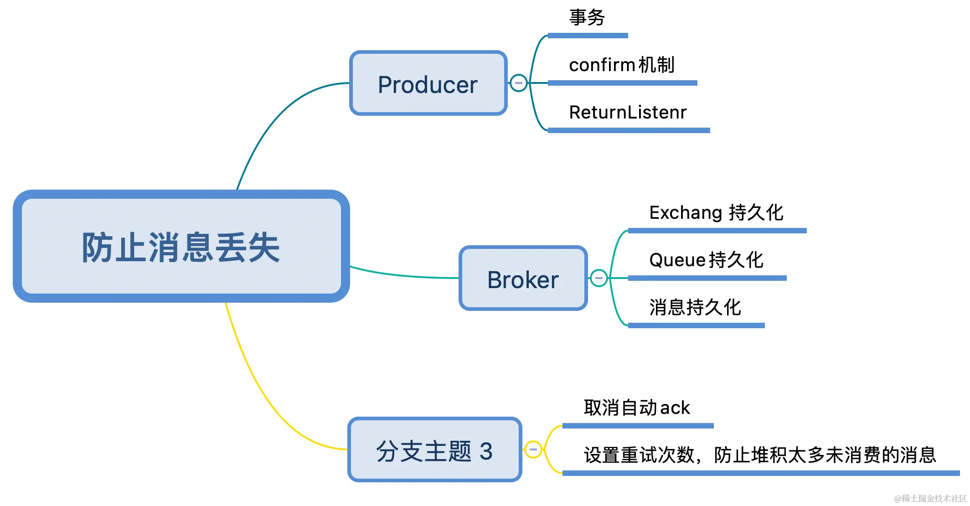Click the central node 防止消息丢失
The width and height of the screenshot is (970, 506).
click(181, 247)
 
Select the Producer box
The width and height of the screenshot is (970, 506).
click(428, 83)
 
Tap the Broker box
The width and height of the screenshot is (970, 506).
click(523, 279)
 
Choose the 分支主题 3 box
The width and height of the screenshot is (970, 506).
click(434, 450)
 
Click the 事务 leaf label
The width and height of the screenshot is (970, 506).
click(587, 18)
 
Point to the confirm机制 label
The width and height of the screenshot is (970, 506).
click(622, 65)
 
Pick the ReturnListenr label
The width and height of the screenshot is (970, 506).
click(628, 113)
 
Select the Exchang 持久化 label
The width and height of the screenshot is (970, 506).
click(716, 213)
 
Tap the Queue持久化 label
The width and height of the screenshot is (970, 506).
click(706, 260)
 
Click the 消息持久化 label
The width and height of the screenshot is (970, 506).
click(695, 308)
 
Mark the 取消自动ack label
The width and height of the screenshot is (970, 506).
click(637, 408)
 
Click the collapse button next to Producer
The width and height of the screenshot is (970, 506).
click(518, 83)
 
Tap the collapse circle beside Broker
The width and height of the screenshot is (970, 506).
click(599, 278)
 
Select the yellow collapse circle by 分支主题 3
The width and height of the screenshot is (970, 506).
click(533, 449)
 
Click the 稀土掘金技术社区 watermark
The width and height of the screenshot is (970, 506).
click(930, 498)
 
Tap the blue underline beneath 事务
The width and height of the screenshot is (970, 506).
click(588, 36)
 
